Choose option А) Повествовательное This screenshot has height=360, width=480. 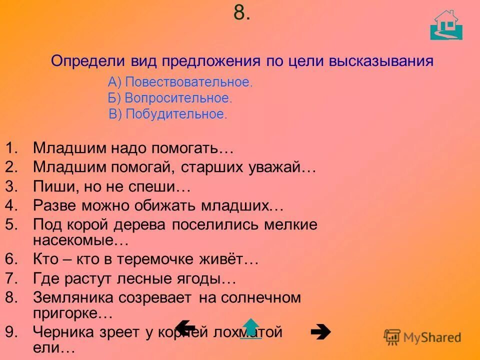[x=180, y=82]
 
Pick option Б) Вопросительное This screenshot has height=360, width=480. [x=170, y=98]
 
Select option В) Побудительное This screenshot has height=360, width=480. [x=168, y=113]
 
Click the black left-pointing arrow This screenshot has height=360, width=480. [x=185, y=327]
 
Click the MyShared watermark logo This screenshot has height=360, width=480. [x=422, y=337]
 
